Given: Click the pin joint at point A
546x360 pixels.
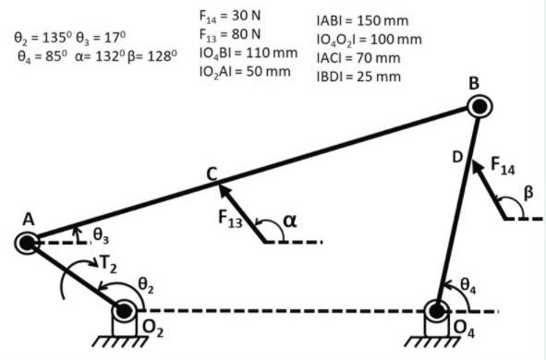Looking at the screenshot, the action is (27, 243).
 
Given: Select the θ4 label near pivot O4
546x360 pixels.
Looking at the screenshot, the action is (467, 287).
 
